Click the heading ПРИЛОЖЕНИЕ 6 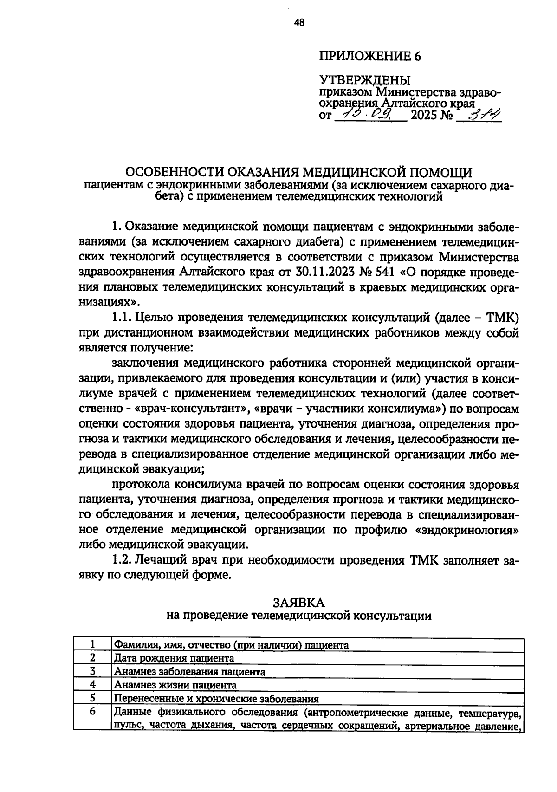coord(370,56)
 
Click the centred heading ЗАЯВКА coord(298,603)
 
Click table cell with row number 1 coord(92,644)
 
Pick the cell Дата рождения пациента coord(174,658)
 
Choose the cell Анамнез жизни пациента coord(175,685)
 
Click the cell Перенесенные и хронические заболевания coord(216,699)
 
